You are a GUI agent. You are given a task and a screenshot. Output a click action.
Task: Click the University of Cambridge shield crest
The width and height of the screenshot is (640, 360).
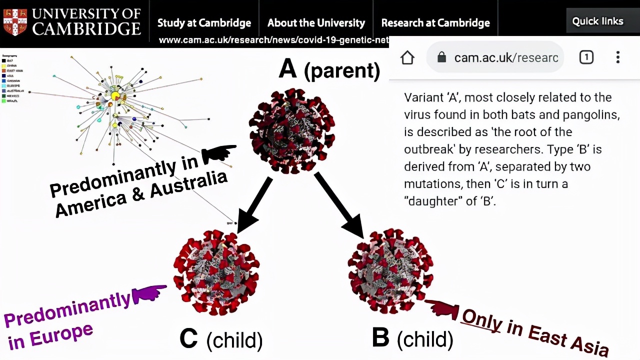[15, 21]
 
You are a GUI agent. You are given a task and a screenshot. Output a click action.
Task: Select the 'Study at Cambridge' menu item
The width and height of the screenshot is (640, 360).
[204, 23]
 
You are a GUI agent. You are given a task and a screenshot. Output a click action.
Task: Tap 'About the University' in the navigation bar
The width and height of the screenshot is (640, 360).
[316, 23]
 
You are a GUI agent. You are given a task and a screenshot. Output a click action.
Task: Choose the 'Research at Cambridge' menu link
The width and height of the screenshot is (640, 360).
[435, 23]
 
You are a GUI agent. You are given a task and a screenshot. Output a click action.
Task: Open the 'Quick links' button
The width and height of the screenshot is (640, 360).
[597, 21]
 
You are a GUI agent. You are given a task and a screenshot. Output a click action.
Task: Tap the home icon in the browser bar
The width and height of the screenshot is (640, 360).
[407, 57]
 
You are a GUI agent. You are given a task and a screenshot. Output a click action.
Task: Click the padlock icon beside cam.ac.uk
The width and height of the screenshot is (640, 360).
[441, 57]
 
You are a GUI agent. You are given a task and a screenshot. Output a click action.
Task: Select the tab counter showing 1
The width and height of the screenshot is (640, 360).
[586, 57]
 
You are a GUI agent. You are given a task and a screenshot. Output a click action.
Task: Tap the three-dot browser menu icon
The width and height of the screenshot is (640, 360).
[618, 57]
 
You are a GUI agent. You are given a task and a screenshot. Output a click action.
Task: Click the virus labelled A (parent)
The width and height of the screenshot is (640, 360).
[291, 131]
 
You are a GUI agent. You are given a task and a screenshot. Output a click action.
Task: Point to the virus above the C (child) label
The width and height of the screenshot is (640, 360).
[216, 272]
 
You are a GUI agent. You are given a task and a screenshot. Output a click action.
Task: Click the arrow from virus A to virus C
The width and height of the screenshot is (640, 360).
[254, 205]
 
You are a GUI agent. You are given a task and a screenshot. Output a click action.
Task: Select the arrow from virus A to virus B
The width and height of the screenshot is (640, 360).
[340, 205]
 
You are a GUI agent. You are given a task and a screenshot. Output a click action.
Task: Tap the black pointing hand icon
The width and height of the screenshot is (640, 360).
[218, 153]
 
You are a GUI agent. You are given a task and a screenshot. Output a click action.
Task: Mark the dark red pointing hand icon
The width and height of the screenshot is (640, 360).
[441, 308]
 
